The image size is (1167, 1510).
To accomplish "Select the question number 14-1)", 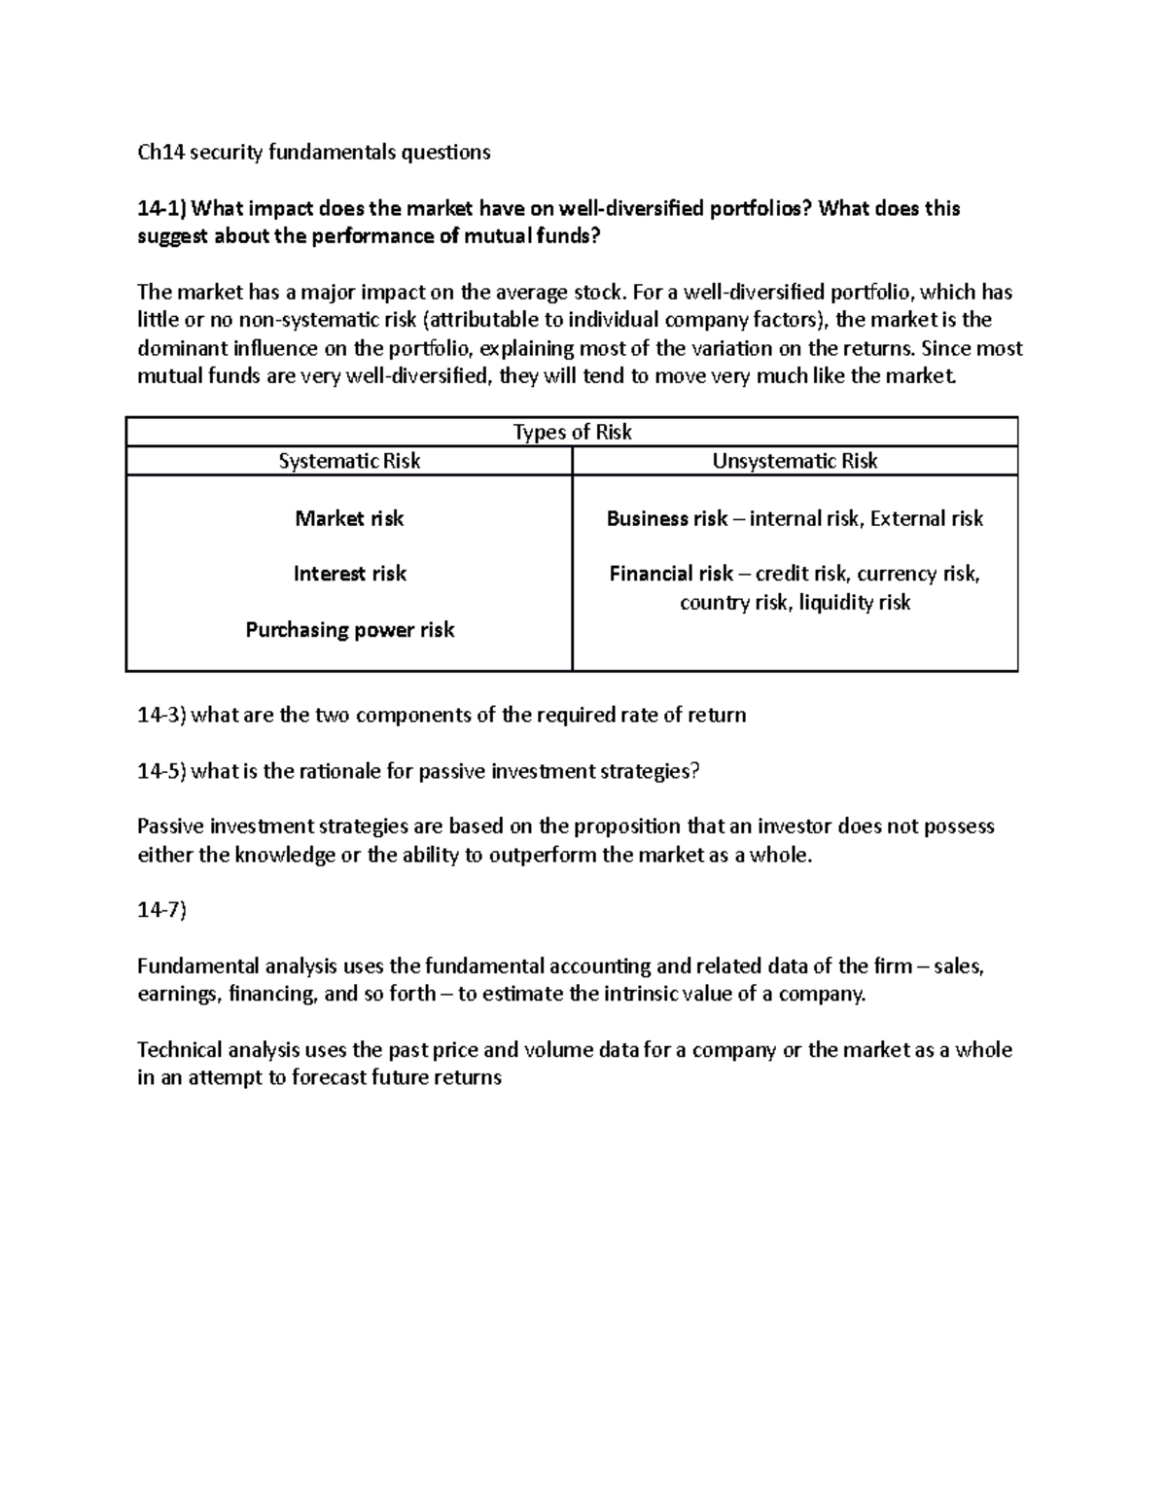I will click(162, 209).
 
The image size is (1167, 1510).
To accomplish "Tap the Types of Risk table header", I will click(572, 433).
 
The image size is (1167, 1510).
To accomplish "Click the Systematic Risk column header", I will click(349, 461).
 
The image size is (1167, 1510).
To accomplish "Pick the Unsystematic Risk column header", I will click(795, 461).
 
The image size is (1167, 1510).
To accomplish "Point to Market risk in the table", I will click(349, 519).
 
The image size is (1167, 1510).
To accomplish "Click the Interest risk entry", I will click(349, 574).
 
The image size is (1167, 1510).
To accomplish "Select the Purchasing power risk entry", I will click(349, 630).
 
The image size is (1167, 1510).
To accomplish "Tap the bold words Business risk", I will click(666, 519).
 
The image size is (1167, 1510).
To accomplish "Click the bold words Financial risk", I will click(671, 574).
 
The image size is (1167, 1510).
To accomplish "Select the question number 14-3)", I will click(162, 717).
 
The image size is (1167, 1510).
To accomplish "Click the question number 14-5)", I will click(162, 772).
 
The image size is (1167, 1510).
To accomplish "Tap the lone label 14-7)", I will click(161, 911).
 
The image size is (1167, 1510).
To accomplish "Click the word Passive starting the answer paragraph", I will click(171, 827).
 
